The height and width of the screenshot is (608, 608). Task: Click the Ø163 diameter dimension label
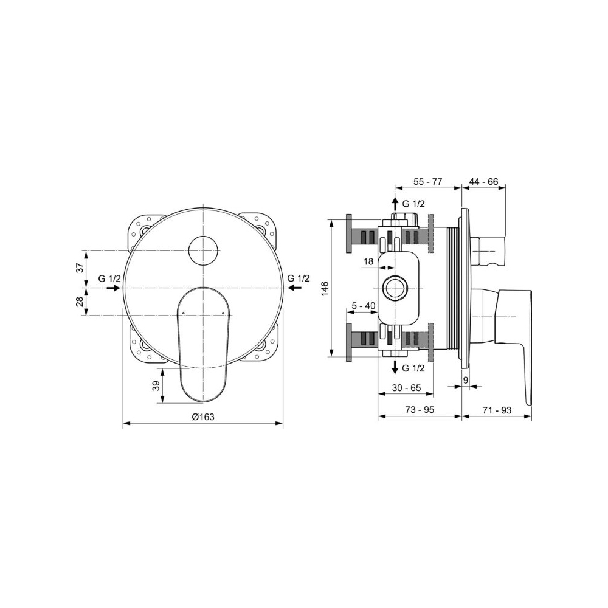tap(203, 417)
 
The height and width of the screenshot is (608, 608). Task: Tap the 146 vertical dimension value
tap(325, 288)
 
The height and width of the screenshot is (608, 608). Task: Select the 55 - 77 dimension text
tap(427, 181)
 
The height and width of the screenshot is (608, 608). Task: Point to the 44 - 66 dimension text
tap(483, 181)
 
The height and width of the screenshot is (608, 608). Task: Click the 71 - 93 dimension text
tap(497, 409)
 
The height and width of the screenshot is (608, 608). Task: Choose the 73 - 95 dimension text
tap(420, 409)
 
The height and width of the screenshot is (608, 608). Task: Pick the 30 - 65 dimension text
tap(406, 387)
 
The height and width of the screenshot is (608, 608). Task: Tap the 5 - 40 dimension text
tap(364, 306)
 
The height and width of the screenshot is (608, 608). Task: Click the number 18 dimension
tap(368, 261)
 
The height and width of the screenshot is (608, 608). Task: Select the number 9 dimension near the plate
tap(466, 381)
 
